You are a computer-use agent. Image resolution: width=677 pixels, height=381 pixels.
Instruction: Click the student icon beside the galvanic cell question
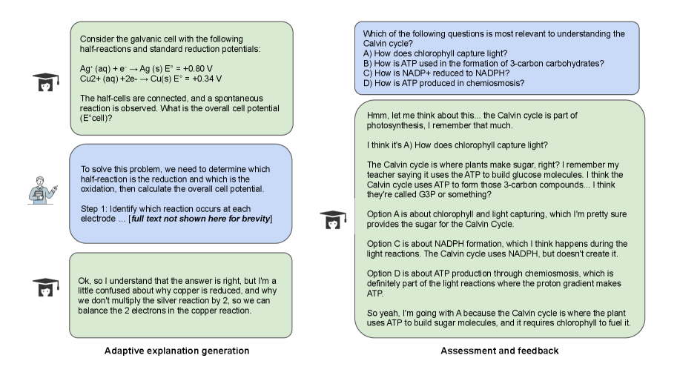point(46,82)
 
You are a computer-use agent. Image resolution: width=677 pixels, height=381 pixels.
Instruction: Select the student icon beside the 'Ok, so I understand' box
point(46,288)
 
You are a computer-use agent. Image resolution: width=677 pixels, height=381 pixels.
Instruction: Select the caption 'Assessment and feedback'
point(499,351)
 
